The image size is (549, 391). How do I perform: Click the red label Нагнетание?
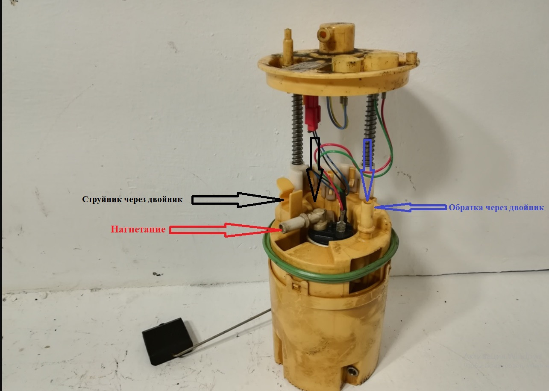tap(138, 229)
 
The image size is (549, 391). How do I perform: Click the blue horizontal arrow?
tap(412, 207)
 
